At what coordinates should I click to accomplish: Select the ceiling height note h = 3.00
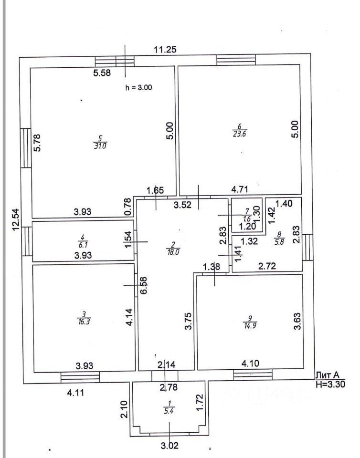pyautogui.click(x=138, y=87)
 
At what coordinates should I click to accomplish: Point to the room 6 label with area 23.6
pyautogui.click(x=240, y=130)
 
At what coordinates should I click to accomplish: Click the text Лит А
pyautogui.click(x=328, y=375)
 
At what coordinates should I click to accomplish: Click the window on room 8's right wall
pyautogui.click(x=307, y=248)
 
